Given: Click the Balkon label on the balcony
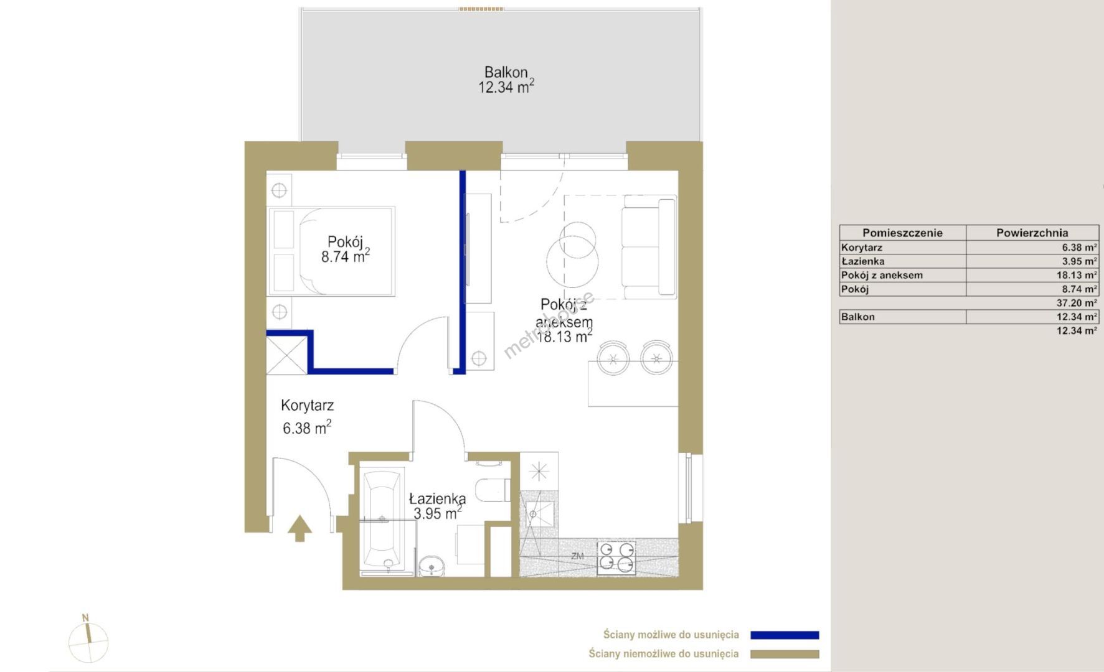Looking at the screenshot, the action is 506,72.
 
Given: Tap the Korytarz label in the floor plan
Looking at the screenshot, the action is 307,406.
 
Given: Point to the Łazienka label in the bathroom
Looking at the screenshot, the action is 437,498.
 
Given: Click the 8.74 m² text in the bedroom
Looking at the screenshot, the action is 346,256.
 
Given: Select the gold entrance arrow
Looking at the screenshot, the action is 300,528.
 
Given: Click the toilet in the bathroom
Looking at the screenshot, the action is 493,490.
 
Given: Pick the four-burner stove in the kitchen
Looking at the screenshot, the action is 616,558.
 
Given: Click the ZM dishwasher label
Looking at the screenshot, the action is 577,556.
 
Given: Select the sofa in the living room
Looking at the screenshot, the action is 649,246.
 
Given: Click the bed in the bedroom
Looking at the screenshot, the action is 331,251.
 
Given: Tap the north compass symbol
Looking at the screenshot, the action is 88,639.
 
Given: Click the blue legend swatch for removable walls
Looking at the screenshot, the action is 785,635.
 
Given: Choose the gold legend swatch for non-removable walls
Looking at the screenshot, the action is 785,654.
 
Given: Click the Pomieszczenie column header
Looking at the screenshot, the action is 902,233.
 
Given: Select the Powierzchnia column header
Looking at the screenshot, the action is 1032,233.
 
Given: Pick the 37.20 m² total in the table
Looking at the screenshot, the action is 1077,303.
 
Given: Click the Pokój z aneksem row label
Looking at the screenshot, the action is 882,275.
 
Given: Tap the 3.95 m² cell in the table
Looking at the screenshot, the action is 1080,261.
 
